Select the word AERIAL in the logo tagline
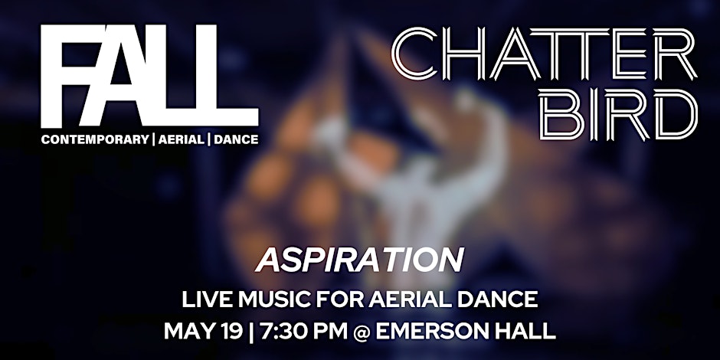pos(178,139)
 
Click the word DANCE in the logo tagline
pos(235,139)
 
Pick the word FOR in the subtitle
pos(331,299)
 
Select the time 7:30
pos(280,332)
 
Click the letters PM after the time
pos(327,332)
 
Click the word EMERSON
pos(432,332)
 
